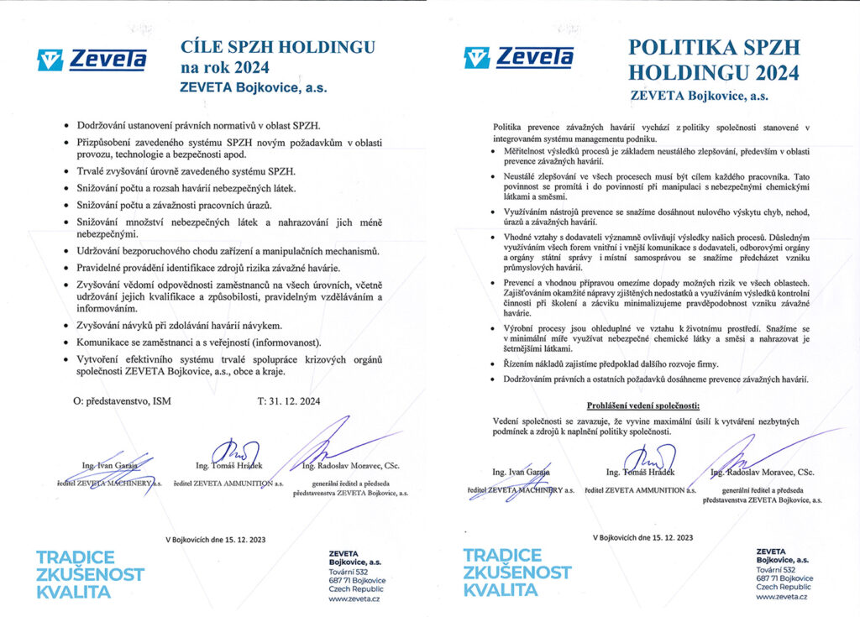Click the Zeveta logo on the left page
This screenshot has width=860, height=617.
click(92, 59)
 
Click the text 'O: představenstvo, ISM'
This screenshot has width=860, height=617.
click(122, 401)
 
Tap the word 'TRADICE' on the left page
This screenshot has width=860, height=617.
click(76, 557)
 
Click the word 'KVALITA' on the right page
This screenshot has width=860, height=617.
click(501, 590)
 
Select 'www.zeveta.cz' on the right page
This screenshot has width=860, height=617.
click(782, 596)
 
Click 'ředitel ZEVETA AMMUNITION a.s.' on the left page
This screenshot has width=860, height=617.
click(228, 484)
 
